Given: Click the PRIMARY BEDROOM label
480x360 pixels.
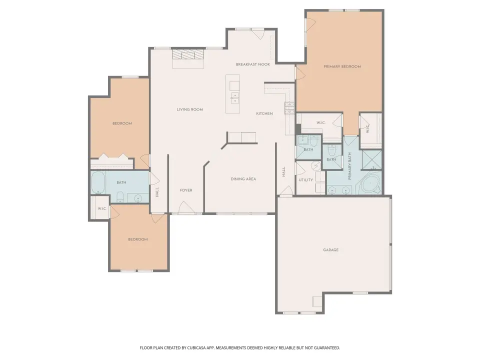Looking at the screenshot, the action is point(342,66).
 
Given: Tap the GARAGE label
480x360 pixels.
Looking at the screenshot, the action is point(331,250).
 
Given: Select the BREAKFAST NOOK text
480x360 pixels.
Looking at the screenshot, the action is point(253,64).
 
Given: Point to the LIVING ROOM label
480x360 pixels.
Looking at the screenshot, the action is point(190,109).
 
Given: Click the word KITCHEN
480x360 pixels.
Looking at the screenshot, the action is point(264,113).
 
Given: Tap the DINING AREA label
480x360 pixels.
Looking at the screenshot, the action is point(243,179).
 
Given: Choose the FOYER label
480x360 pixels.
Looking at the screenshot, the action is point(186,190).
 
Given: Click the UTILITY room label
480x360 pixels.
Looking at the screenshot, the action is point(306,179).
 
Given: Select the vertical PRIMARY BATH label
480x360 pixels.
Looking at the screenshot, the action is point(349,166).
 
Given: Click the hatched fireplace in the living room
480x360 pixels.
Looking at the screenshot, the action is point(187,55).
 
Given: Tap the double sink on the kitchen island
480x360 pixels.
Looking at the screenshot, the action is point(235,98).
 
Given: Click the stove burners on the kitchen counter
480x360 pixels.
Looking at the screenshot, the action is point(289,108).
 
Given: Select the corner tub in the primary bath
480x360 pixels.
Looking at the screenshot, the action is point(370,183).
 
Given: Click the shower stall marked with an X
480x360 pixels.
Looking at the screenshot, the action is point(372,160).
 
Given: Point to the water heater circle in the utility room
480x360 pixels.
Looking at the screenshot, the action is point(315,166).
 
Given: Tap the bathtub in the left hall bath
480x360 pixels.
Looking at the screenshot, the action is point(98,182).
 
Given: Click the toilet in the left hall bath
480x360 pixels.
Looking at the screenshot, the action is point(120,196).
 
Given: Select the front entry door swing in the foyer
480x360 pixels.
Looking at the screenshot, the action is point(186,207).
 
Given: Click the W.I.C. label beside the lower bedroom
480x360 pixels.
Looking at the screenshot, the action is point(102,208).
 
